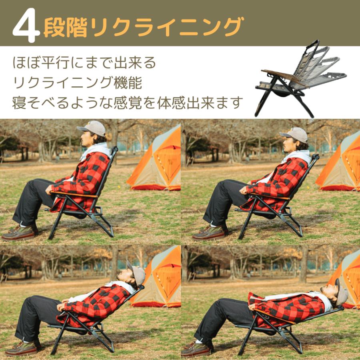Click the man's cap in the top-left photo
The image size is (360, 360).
(92, 128)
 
